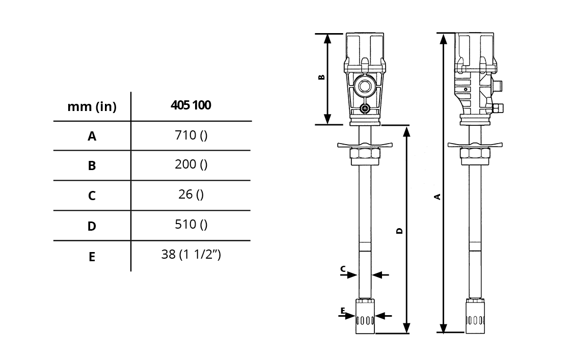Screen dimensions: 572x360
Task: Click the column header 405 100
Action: (x=191, y=105)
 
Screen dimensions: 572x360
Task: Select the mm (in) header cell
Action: (x=92, y=106)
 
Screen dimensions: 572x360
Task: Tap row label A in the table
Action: (x=92, y=136)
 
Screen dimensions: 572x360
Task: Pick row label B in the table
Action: (x=92, y=165)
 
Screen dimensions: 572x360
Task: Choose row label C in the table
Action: (x=92, y=196)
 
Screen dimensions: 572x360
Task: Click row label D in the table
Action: (x=92, y=226)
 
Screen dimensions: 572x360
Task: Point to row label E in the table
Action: (x=92, y=257)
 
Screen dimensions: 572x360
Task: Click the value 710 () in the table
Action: (x=191, y=135)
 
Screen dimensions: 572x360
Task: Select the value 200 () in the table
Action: (x=191, y=164)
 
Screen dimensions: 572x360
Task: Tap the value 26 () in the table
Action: (x=191, y=195)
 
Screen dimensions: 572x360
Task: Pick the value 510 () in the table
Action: (x=191, y=225)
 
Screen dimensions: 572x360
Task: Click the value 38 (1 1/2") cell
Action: (x=191, y=254)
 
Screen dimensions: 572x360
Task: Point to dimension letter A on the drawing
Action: (x=438, y=197)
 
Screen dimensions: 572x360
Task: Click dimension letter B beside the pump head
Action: (x=321, y=77)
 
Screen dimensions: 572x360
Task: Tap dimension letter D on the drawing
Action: (x=399, y=231)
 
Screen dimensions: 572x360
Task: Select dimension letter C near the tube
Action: (x=343, y=269)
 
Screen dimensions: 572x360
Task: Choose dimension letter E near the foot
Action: (x=343, y=311)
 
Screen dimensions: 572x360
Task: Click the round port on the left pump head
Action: (x=364, y=87)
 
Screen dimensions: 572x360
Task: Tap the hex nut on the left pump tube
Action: (x=365, y=156)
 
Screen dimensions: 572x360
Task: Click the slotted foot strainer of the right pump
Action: (x=475, y=316)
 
